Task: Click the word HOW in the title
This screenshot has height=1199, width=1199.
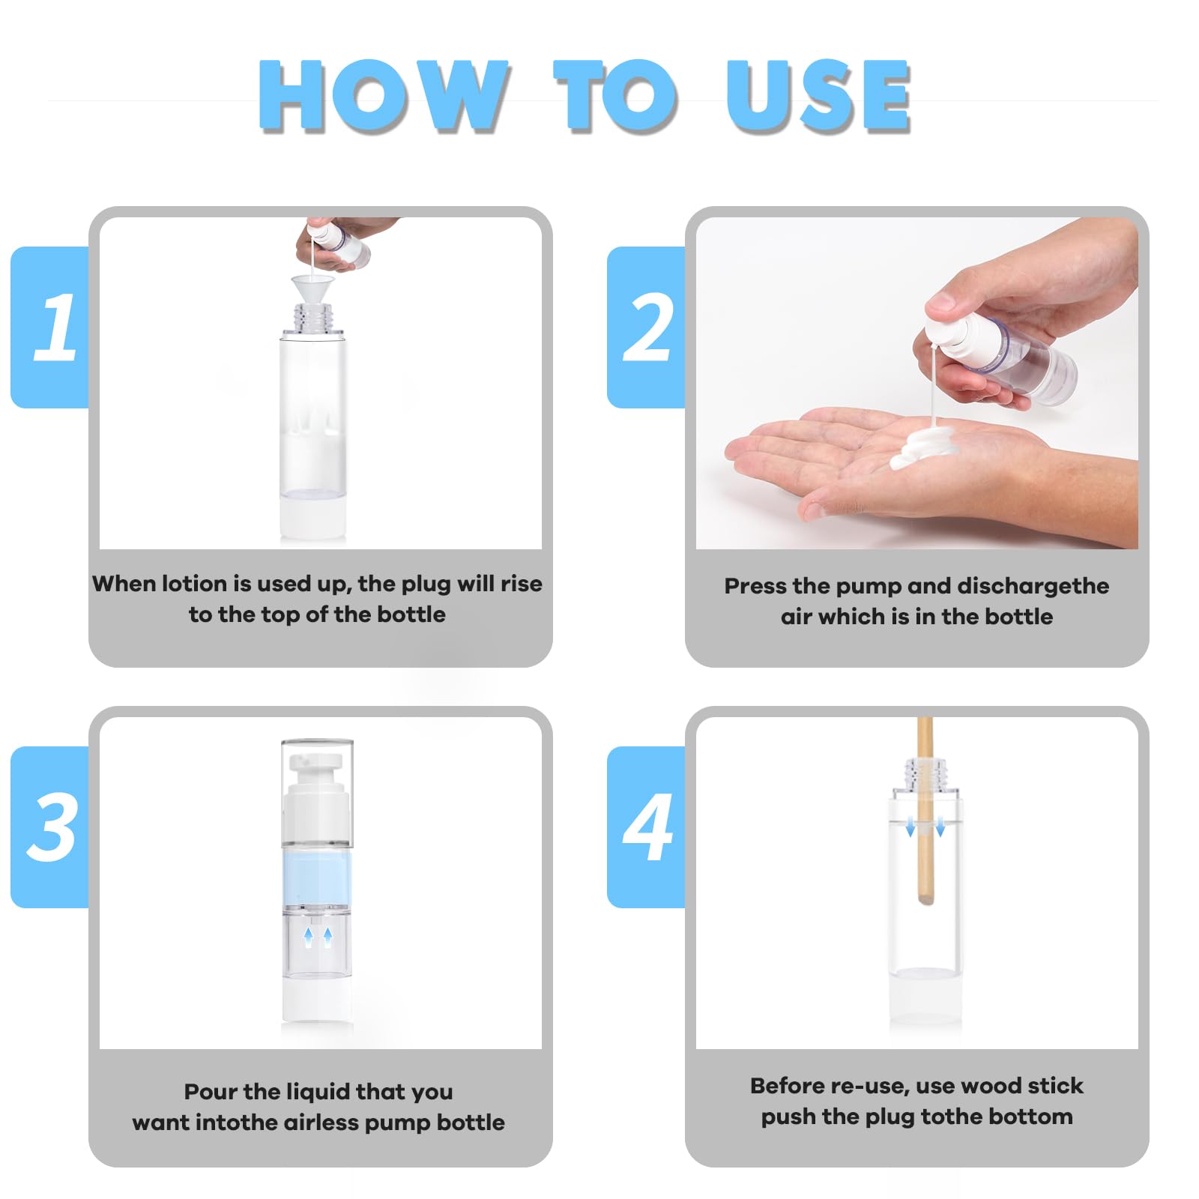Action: [383, 95]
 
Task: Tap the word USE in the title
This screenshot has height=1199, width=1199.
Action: [818, 95]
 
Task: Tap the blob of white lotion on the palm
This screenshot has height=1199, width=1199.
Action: [928, 447]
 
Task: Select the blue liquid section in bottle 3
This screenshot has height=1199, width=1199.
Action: [317, 877]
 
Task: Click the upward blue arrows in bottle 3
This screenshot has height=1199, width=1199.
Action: [318, 936]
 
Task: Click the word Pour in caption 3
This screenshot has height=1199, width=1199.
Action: [208, 1092]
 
